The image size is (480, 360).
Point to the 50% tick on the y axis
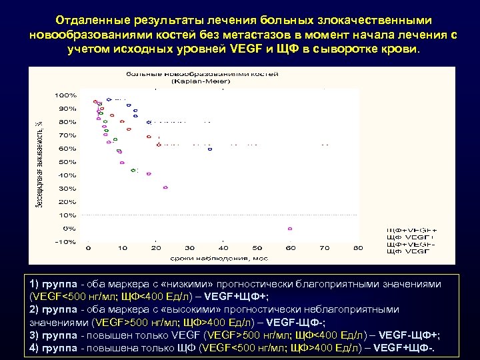coord(67,162)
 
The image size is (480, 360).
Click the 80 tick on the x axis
coord(358,248)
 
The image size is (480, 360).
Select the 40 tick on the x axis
coord(223,248)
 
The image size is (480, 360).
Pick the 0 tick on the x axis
coord(89,248)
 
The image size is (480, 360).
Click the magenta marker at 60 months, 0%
coord(290,229)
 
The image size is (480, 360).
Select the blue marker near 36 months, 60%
coord(209,149)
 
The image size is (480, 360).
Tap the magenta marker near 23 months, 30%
coord(165,187)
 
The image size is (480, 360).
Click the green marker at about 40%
coord(133,171)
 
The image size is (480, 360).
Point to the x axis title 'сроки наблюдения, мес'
coord(223,257)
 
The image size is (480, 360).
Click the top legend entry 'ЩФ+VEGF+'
coord(407,229)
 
